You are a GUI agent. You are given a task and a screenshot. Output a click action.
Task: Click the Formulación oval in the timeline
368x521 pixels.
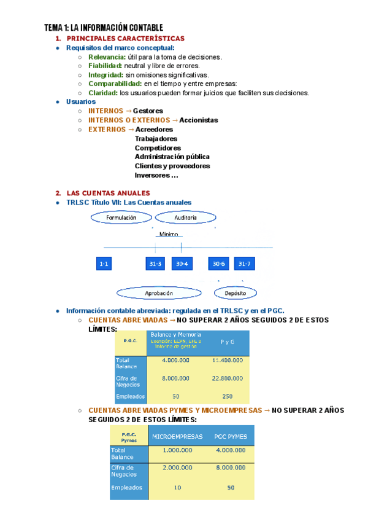121,217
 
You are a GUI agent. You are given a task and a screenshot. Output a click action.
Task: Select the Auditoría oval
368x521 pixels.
186,217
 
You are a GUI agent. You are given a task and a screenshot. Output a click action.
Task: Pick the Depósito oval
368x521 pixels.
235,293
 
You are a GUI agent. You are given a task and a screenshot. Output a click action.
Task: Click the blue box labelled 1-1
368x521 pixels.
104,264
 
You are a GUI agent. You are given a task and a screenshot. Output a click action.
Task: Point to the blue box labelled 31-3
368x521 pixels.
155,264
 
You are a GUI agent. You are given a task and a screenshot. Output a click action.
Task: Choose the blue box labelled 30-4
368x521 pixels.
181,264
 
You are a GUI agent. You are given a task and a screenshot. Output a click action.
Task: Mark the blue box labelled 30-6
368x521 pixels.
218,264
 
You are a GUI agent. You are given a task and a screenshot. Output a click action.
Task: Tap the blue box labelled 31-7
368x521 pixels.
244,264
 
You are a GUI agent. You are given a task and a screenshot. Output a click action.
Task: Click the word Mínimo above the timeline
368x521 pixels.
169,234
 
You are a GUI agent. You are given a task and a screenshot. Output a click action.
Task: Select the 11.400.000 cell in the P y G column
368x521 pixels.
226,360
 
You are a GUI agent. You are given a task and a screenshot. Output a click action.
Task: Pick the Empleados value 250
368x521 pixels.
228,396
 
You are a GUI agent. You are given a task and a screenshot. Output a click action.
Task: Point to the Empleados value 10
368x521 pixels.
177,487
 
